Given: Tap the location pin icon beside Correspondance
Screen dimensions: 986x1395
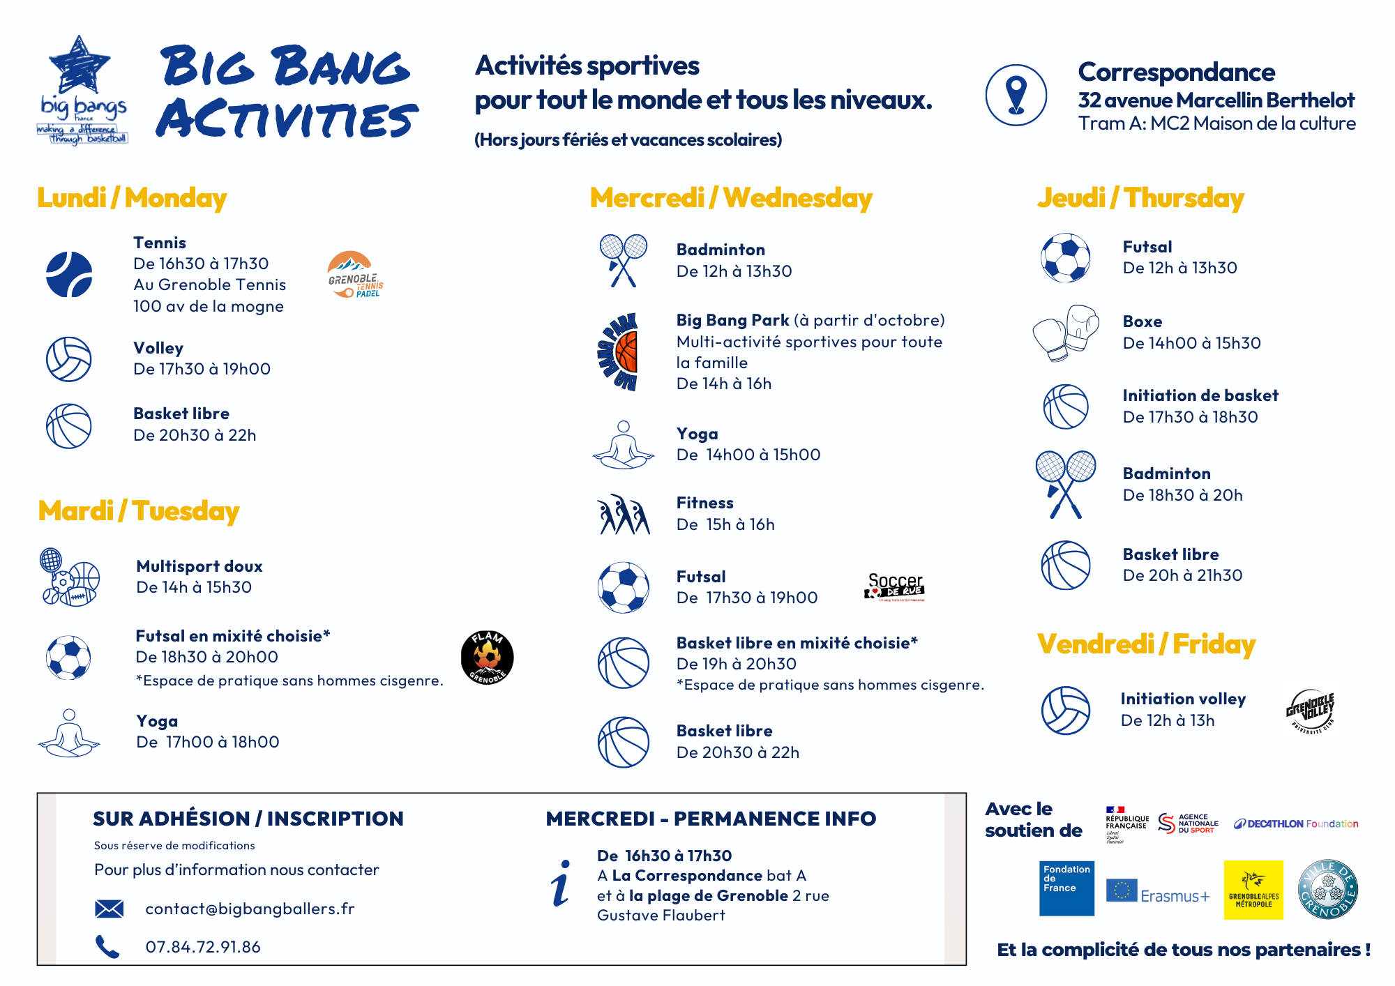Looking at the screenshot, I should coord(1016,96).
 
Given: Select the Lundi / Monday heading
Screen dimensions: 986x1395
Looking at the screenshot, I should coord(132,198).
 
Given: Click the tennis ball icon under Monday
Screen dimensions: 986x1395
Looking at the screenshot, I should coord(69,274).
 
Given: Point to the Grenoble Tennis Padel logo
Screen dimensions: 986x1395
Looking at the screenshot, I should coord(354,275).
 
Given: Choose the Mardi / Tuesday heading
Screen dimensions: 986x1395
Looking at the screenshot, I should coord(138,511).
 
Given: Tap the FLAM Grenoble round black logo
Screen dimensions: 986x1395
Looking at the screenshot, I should coord(487,658).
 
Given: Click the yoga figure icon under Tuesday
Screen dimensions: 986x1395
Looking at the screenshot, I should coord(68,733).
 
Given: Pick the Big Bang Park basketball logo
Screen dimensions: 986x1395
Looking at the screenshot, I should coord(619,351).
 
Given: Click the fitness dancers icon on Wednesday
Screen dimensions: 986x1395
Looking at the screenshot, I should coord(623,515).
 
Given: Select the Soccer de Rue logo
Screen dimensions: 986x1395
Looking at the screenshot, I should coord(895,587).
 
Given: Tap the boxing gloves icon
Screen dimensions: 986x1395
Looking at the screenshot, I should coord(1065,333).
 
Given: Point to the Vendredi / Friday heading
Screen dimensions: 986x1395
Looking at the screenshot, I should coord(1146,644).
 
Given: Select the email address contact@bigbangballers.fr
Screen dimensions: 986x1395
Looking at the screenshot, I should coord(250,909).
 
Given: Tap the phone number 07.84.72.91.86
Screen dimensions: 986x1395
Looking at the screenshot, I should coord(203,947).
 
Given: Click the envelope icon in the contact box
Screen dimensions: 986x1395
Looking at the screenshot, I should coord(109,909).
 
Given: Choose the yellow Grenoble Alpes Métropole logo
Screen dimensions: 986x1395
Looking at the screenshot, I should coord(1253,890).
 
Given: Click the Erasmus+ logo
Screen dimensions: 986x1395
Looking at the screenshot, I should coord(1157,892).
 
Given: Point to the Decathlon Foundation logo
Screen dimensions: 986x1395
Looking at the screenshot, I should coord(1296,824).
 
